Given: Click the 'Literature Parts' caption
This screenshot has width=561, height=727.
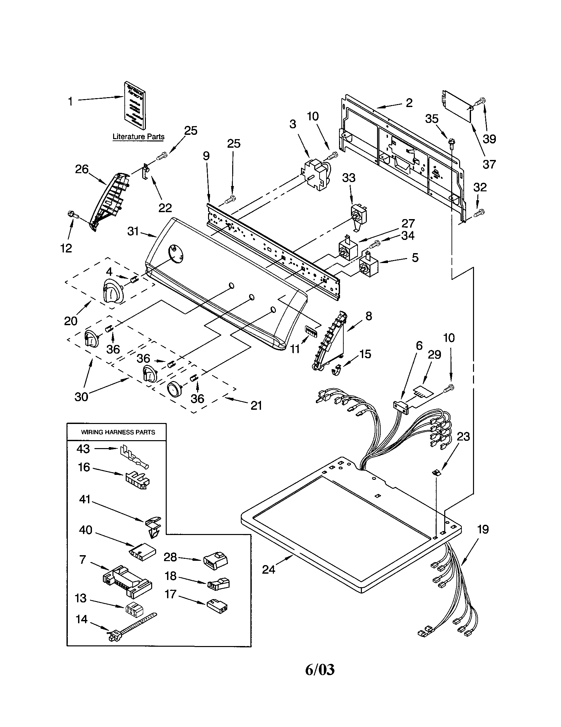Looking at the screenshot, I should [138, 136].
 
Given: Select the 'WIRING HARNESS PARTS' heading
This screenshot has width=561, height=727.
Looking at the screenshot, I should [118, 433].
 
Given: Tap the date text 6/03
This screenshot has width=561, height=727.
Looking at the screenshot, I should [320, 670].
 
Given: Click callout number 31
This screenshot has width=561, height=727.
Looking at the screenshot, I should [133, 231].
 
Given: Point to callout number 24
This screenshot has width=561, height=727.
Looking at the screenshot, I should [269, 570].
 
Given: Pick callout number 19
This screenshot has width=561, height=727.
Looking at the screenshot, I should [483, 529].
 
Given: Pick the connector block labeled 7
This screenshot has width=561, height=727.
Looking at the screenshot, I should [127, 581].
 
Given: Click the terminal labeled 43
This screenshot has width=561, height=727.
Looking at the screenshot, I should [134, 458].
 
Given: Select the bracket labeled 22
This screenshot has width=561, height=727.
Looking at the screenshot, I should [146, 172].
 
